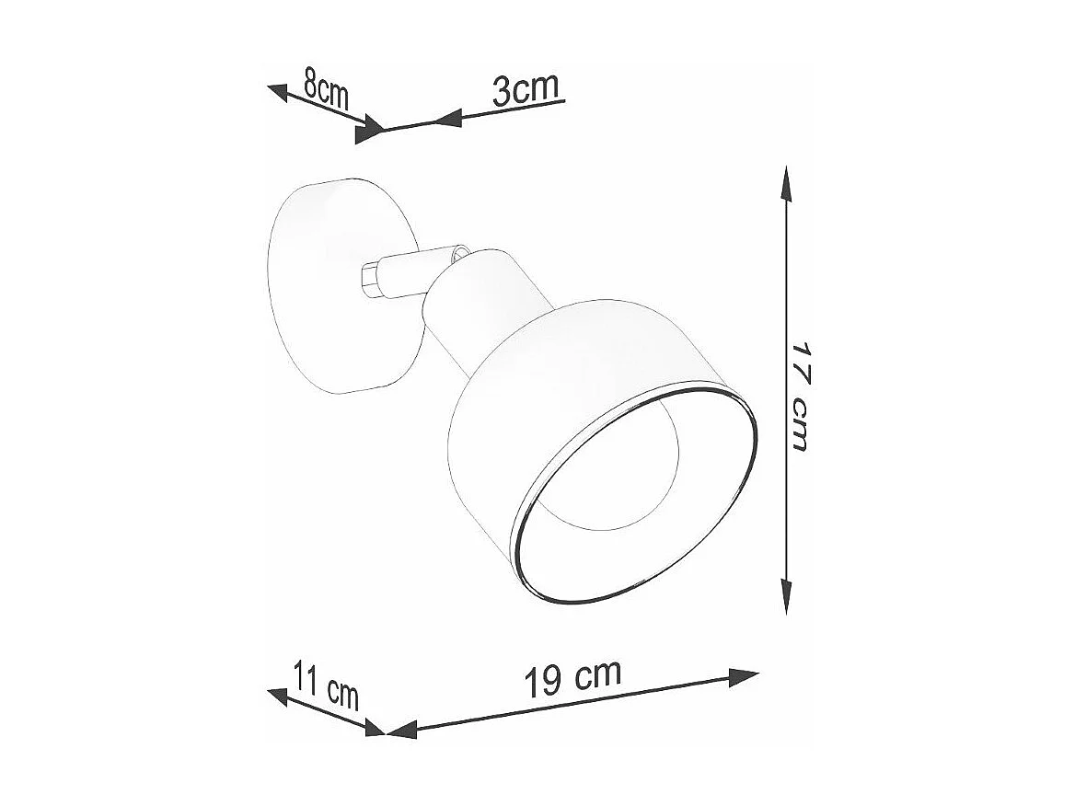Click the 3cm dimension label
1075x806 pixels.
point(526,90)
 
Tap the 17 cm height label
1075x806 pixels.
point(799,397)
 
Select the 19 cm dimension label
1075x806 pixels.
point(572,679)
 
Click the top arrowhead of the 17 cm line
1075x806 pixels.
point(785,182)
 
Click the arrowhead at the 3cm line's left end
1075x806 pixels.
point(447,118)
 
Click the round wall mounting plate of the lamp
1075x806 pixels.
point(331,285)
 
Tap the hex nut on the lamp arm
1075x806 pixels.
point(371,280)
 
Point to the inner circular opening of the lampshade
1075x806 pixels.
point(626,478)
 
